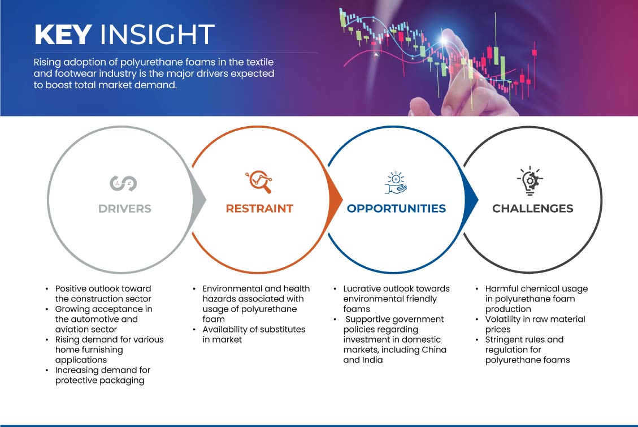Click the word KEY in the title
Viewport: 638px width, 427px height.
63,34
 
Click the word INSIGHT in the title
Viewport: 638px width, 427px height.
157,34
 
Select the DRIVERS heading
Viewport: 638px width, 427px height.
125,209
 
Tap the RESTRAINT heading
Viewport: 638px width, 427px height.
259,209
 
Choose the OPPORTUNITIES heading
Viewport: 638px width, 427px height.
396,209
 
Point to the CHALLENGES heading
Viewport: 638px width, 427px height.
533,209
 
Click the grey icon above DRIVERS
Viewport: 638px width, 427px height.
123,184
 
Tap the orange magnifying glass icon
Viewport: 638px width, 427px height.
259,182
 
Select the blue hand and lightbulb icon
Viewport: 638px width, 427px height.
396,182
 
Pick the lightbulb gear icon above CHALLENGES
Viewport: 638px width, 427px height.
530,181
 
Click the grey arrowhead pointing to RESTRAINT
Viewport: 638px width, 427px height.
199,200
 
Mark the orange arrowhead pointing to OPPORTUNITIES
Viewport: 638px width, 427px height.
335,200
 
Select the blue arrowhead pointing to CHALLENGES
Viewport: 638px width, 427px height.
471,200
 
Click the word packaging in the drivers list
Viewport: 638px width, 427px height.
120,381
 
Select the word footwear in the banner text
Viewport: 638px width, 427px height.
75,74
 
